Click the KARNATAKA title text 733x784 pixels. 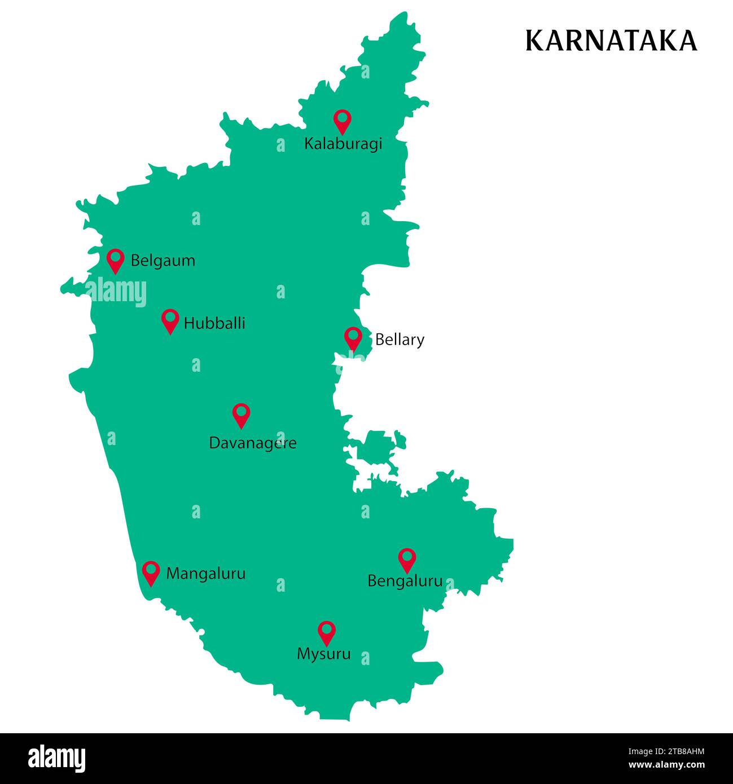click(x=611, y=41)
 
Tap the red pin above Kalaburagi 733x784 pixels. click(x=342, y=121)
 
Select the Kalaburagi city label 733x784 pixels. click(x=343, y=144)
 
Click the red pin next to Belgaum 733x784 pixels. click(x=116, y=260)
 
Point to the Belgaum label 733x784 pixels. click(x=163, y=261)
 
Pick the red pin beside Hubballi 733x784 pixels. click(x=170, y=320)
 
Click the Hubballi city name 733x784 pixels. click(x=214, y=323)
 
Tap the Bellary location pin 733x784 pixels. click(x=353, y=338)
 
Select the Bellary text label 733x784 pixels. click(x=400, y=340)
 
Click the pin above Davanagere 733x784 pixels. click(x=241, y=415)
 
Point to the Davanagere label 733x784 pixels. click(x=252, y=443)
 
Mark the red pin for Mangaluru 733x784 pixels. click(x=151, y=572)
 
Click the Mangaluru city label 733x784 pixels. click(x=205, y=574)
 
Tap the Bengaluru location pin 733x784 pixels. click(x=407, y=559)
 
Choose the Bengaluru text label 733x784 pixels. click(x=405, y=581)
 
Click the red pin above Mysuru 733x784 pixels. click(x=327, y=632)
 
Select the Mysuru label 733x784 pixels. click(x=323, y=654)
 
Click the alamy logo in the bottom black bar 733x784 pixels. click(x=57, y=758)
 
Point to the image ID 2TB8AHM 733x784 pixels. click(x=666, y=751)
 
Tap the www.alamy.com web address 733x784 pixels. click(x=666, y=765)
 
